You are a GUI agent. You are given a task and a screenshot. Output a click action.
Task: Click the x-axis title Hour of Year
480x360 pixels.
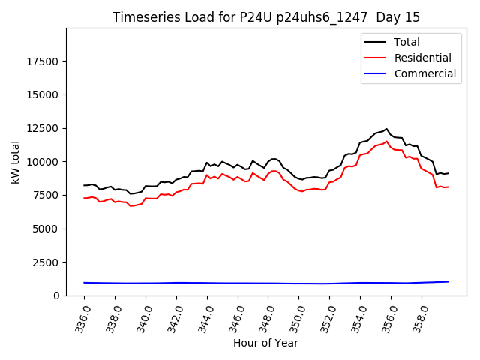[x=265, y=343]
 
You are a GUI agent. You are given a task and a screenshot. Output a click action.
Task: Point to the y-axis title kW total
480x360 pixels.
[x=15, y=161]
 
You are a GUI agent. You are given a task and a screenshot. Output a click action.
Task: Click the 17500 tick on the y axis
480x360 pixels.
[x=43, y=61]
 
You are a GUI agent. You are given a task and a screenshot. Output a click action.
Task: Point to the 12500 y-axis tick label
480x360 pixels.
[x=43, y=128]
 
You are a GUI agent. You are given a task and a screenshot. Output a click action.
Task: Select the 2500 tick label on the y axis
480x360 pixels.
[x=46, y=262]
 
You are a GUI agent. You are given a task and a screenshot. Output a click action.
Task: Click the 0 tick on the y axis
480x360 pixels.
[x=55, y=295]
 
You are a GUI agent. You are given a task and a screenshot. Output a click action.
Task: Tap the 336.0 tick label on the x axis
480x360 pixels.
[x=83, y=315]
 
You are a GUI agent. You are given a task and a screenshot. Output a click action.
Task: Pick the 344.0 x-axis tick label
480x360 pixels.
[x=206, y=315]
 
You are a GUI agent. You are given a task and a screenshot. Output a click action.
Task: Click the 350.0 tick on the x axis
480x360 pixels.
[x=298, y=315]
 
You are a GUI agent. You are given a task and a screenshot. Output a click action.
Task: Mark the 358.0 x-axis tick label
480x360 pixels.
[x=421, y=315]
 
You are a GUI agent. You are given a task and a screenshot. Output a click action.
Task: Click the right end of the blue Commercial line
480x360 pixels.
[x=448, y=282]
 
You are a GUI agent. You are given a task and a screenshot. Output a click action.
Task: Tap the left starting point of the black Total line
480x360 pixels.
[x=84, y=185]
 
